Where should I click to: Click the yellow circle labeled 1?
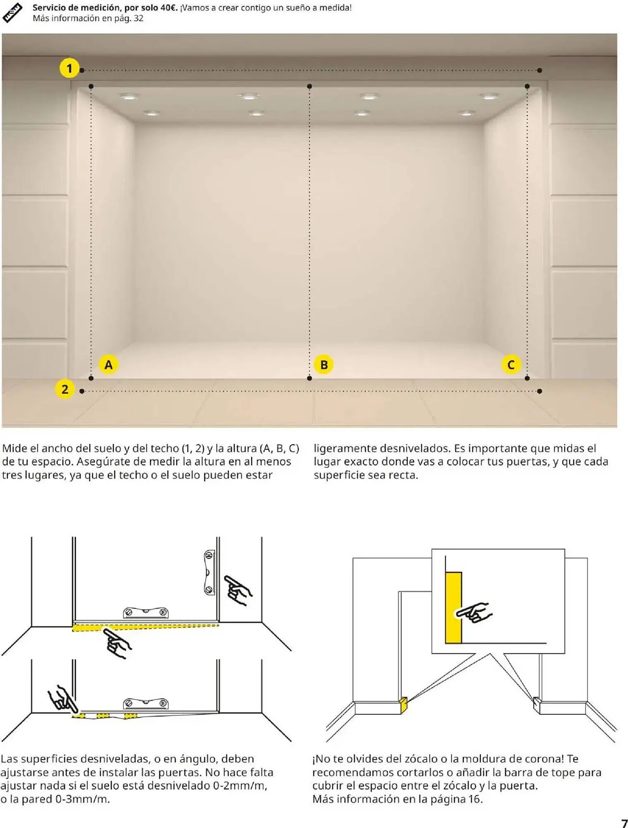[69, 68]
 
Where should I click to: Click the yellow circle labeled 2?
[65, 389]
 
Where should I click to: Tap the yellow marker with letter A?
[108, 365]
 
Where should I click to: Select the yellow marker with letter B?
[324, 365]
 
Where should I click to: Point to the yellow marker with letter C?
[511, 365]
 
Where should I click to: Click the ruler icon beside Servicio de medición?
[12, 12]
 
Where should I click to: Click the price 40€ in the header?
[168, 7]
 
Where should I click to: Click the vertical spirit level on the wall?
[210, 573]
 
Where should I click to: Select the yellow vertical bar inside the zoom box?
[453, 608]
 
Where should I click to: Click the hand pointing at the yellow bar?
[474, 613]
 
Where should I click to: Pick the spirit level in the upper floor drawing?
[146, 612]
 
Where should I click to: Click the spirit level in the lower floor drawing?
[146, 703]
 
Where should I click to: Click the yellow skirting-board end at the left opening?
[403, 706]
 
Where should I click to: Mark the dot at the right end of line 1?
[539, 70]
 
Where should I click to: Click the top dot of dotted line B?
[309, 87]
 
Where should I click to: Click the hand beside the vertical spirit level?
[238, 590]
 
